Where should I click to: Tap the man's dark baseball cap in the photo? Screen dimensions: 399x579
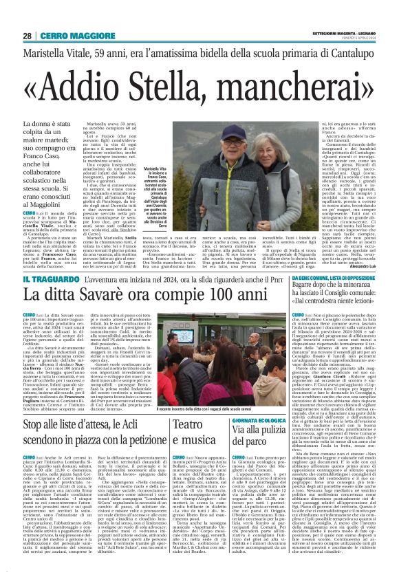[226, 131]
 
